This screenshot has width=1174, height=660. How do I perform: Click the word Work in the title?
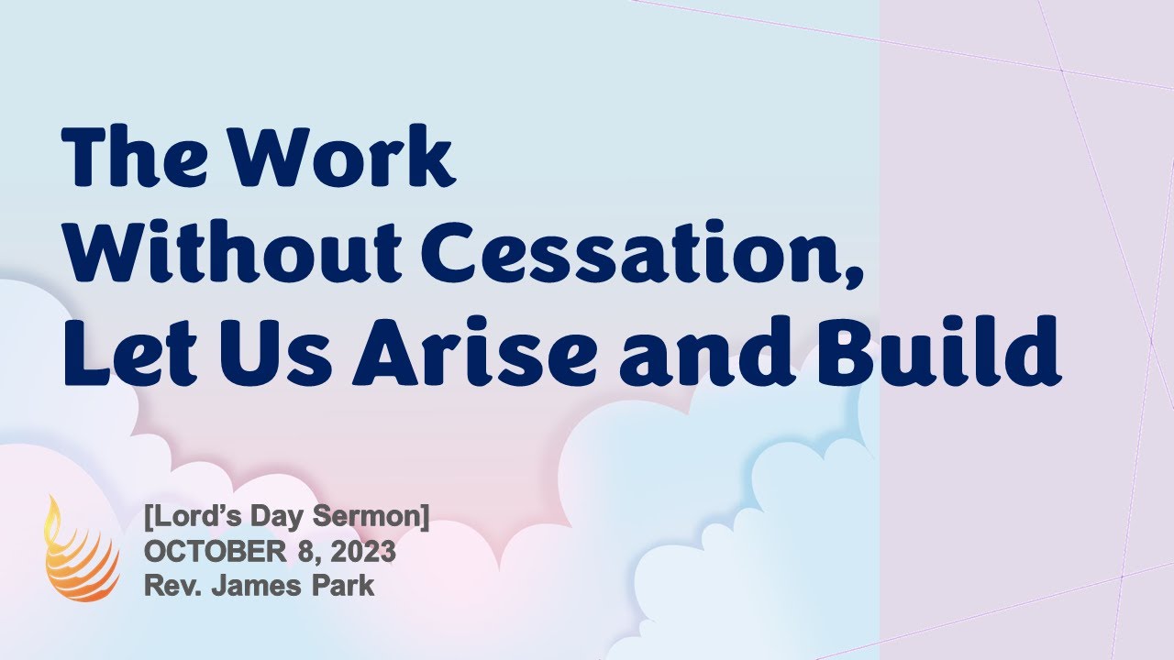click(342, 158)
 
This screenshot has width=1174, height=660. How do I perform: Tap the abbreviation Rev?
click(169, 585)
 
